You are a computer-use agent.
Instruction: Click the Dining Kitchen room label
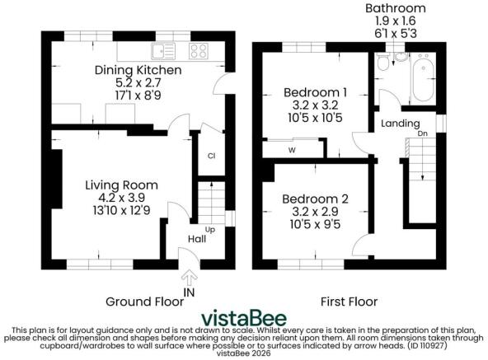[x=138, y=71]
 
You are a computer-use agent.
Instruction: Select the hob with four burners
[x=198, y=51]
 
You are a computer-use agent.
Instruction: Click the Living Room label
[x=121, y=185]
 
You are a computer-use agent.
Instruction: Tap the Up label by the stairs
[x=211, y=229]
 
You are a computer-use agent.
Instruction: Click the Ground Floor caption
[x=138, y=302]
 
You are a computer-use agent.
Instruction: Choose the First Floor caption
[x=349, y=302]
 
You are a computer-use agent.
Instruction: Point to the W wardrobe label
[x=292, y=150]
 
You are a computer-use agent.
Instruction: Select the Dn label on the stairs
[x=422, y=132]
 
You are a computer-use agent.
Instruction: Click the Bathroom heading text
[x=396, y=7]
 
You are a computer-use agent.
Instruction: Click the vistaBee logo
[x=245, y=319]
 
